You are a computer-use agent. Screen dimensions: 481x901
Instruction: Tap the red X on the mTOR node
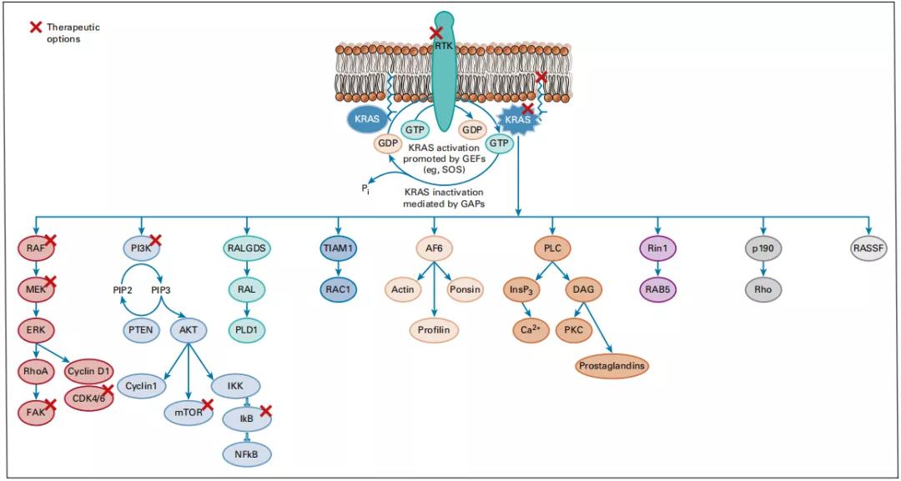coord(208,405)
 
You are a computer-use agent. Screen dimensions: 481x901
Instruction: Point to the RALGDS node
coord(247,248)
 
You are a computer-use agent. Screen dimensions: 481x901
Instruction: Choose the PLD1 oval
coord(247,328)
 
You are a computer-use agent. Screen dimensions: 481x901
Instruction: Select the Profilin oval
coord(434,330)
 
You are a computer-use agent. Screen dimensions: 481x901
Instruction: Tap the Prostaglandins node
coord(613,365)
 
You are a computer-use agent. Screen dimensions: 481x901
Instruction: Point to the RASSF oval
coord(868,248)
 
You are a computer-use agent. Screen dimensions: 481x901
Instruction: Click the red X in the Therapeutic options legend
coord(36,27)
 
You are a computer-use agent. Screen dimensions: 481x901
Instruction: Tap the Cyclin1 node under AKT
coord(143,386)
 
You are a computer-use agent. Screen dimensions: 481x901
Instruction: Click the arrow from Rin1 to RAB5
coord(658,268)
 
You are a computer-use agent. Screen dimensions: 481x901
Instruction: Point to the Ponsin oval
coord(464,288)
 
